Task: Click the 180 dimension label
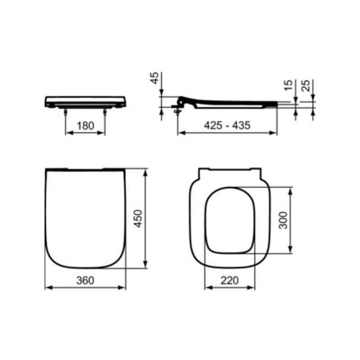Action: tap(85, 126)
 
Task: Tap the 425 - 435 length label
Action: tap(227, 126)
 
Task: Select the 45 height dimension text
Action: tap(154, 78)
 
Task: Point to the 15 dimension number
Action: tap(288, 85)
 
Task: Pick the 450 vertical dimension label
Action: tap(138, 218)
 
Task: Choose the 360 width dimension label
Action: tap(85, 280)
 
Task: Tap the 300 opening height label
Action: tap(283, 220)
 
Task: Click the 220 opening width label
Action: tap(229, 280)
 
